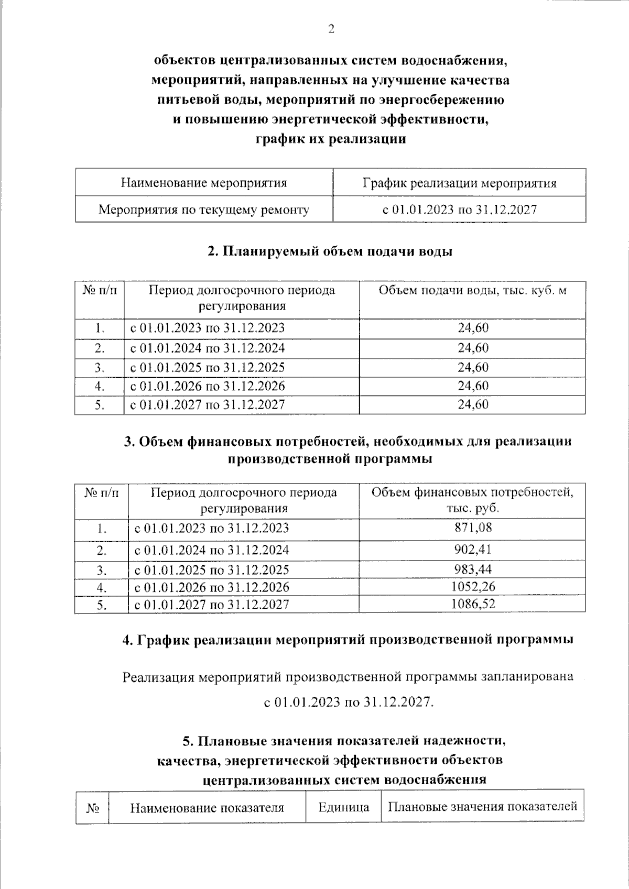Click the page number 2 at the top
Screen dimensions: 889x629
(331, 29)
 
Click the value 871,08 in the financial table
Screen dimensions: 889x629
(473, 528)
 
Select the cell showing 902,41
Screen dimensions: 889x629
(473, 550)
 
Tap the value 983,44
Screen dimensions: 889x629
(473, 569)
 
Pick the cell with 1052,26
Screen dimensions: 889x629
(473, 587)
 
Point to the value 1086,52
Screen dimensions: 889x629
(473, 604)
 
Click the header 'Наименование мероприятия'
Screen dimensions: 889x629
(204, 183)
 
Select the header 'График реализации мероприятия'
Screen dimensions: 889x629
(459, 183)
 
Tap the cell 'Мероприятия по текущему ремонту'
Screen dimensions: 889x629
(204, 210)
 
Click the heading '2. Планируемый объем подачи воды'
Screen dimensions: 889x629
(330, 251)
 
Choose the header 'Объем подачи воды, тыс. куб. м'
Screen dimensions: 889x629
(473, 291)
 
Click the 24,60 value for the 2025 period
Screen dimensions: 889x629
(473, 367)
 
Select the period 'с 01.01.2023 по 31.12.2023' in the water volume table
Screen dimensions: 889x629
(208, 328)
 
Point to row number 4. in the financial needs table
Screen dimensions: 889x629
(102, 587)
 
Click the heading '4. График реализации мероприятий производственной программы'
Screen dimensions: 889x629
(347, 640)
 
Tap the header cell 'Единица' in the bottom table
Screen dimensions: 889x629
(343, 807)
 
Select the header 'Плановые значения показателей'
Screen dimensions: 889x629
(482, 806)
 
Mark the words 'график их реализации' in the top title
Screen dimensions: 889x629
(330, 139)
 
